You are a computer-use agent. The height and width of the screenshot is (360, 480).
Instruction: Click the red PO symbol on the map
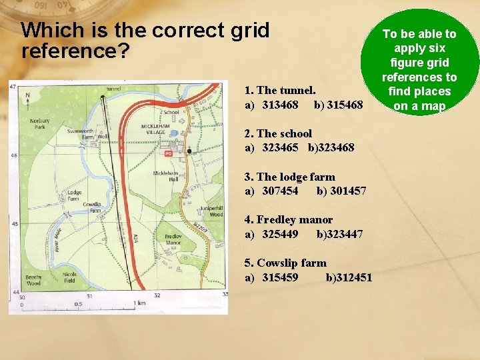168,153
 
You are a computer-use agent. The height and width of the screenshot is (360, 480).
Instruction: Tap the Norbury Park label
39,123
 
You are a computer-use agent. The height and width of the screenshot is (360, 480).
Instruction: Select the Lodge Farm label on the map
74,195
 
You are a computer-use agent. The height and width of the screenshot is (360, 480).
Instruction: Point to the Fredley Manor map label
173,239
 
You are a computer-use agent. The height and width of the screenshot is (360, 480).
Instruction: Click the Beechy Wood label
33,280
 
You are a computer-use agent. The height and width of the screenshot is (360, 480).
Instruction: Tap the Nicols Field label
70,277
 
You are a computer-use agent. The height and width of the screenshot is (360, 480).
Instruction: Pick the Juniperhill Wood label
211,211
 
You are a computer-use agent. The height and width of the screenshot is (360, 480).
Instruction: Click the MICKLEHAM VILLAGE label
157,129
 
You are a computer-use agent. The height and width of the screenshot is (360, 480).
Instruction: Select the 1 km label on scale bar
139,303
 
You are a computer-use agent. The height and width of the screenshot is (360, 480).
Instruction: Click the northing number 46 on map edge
13,155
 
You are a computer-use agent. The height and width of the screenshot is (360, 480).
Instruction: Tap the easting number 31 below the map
89,295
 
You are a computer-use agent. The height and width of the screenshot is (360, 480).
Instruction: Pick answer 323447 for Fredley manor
340,234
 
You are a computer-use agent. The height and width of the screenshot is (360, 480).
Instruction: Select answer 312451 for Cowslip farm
349,277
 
